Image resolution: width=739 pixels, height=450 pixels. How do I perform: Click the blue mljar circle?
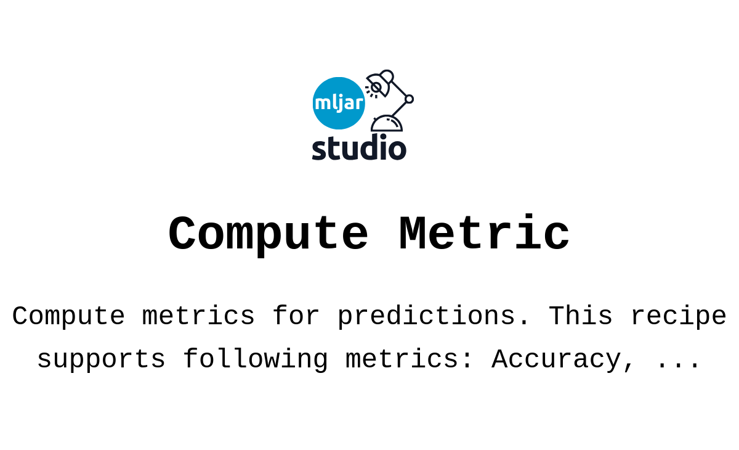(x=339, y=103)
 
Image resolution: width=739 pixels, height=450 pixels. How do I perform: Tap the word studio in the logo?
(x=359, y=148)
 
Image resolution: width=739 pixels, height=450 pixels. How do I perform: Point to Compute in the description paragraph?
(x=68, y=317)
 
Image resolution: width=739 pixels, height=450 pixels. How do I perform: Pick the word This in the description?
(x=580, y=317)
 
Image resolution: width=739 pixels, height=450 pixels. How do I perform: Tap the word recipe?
(x=678, y=317)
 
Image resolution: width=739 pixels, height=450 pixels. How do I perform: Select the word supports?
(x=101, y=360)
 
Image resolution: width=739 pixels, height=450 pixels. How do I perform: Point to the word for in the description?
(x=296, y=317)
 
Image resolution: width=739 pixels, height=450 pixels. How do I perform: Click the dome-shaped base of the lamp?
(x=387, y=124)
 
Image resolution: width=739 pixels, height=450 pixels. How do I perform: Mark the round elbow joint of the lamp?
(x=409, y=99)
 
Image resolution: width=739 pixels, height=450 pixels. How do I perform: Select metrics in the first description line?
(x=198, y=317)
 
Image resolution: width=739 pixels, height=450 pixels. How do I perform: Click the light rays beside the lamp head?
(x=369, y=91)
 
